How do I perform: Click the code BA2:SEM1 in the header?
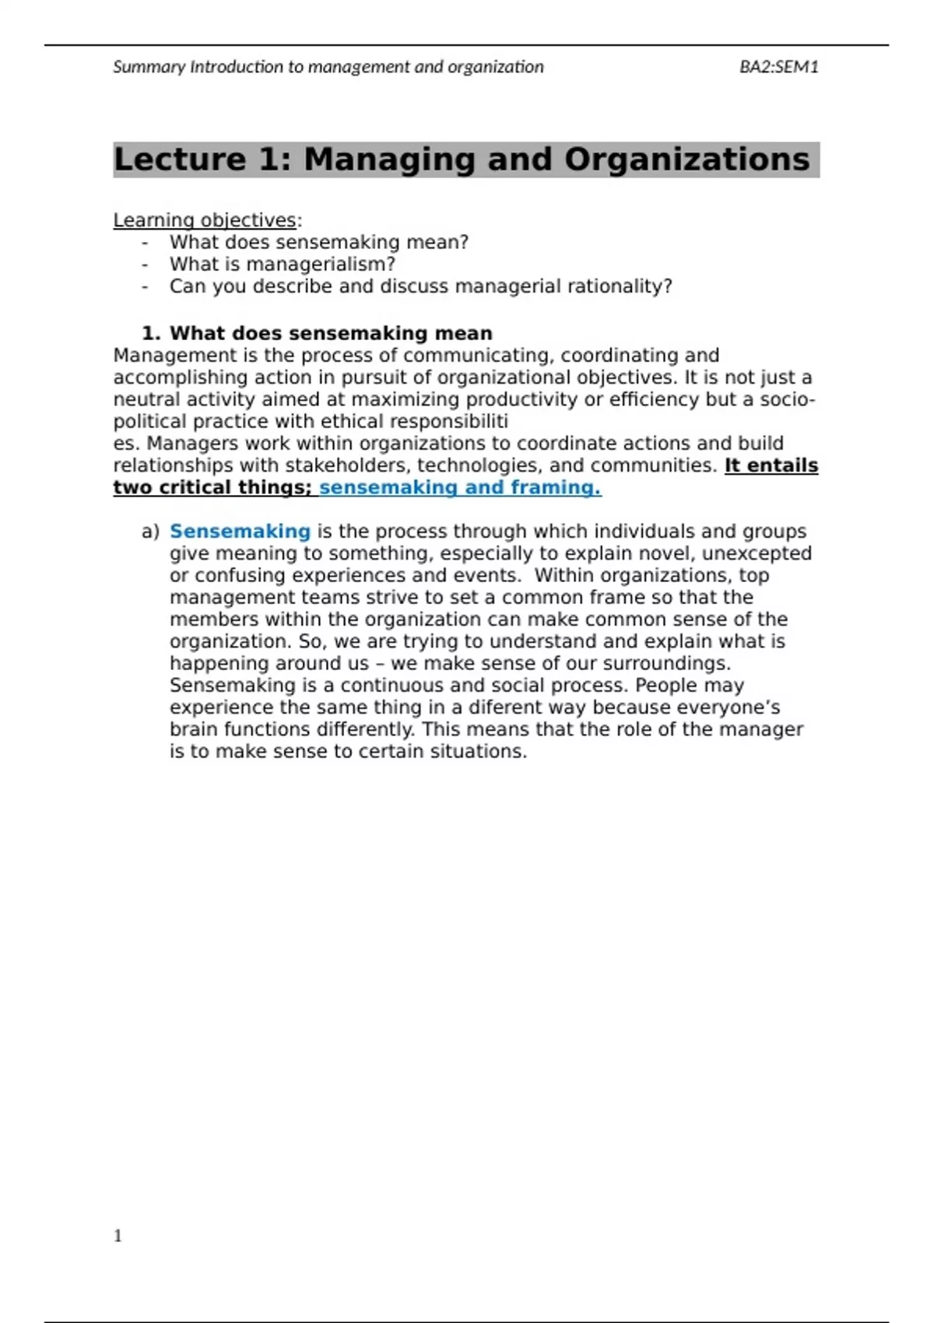click(778, 67)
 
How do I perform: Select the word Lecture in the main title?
click(180, 160)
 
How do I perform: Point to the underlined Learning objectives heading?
click(205, 220)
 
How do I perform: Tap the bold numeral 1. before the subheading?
click(151, 333)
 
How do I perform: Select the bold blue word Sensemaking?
click(240, 532)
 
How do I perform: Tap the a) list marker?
click(150, 532)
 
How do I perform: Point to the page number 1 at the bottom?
click(118, 1236)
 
